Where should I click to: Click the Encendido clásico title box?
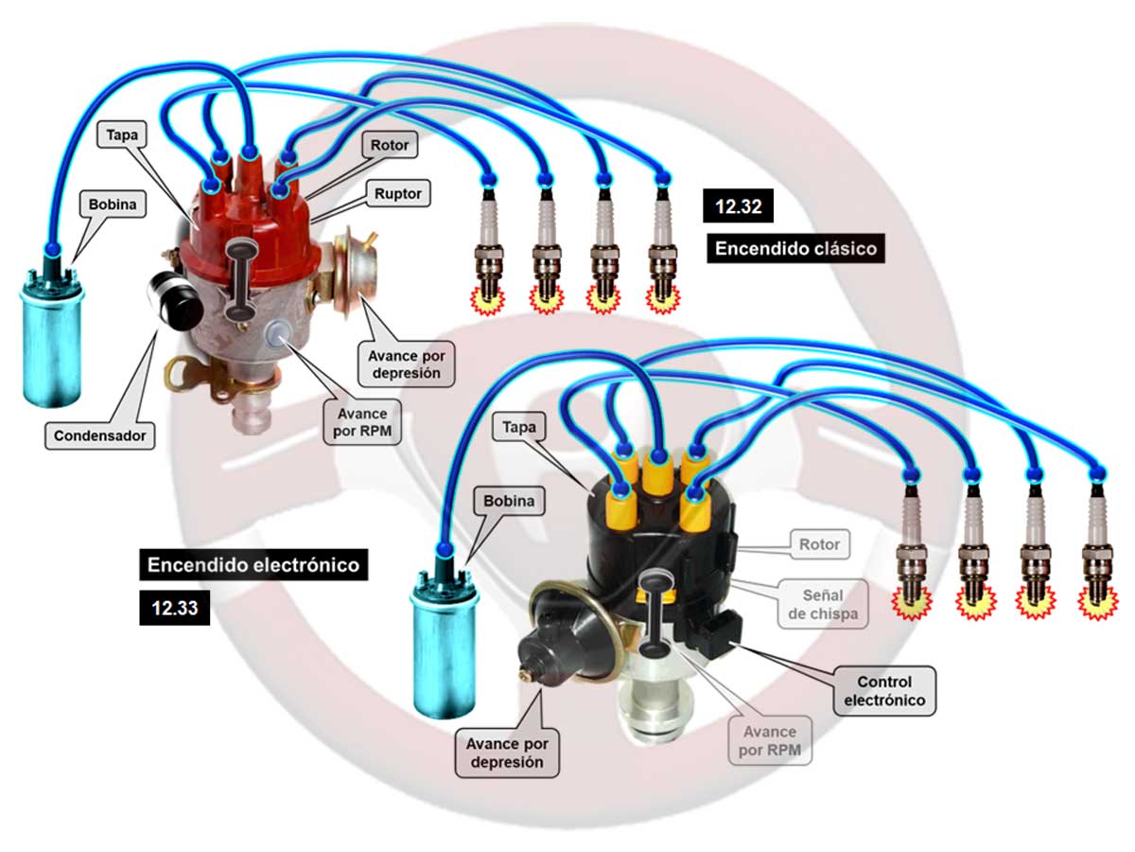(795, 249)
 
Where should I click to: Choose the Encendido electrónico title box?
(253, 565)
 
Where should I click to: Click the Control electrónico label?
(883, 691)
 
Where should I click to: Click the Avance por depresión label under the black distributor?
(505, 753)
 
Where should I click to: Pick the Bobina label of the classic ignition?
(112, 204)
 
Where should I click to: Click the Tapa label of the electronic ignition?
(519, 428)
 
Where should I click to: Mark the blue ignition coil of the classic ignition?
(51, 336)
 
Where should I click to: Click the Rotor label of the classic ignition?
(388, 145)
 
